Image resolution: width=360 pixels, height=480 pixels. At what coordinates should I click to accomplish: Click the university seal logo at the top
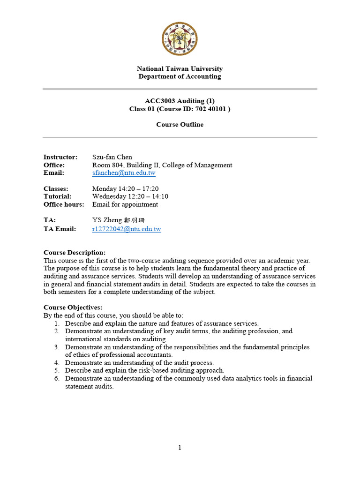tap(180, 39)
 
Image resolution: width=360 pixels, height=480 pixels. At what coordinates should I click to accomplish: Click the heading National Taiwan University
tap(180, 68)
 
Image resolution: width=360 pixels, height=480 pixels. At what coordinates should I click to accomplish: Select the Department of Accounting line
tap(180, 76)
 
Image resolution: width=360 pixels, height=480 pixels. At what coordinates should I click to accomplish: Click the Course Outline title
tap(180, 125)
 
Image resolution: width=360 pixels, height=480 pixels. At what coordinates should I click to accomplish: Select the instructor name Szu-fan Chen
tap(112, 157)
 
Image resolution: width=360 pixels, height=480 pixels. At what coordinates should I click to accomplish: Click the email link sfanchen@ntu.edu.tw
tap(124, 173)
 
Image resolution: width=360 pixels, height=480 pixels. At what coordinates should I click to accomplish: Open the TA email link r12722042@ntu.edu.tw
tap(127, 229)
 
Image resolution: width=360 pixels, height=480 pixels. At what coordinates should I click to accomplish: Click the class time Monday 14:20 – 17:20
tap(125, 189)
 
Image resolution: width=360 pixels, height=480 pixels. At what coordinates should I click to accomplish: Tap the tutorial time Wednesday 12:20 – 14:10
tap(130, 196)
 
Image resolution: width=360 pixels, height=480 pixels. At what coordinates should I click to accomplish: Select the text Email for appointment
tap(125, 204)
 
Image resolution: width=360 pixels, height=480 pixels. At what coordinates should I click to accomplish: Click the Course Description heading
tap(75, 253)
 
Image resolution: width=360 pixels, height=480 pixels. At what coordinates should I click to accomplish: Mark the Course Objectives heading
tap(73, 307)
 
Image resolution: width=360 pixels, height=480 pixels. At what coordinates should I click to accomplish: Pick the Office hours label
tap(64, 204)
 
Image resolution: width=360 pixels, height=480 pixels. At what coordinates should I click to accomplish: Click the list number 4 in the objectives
tap(56, 363)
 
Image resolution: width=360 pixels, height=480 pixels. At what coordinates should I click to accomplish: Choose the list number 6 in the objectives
tap(56, 379)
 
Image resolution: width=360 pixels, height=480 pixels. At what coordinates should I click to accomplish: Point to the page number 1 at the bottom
tap(180, 448)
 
